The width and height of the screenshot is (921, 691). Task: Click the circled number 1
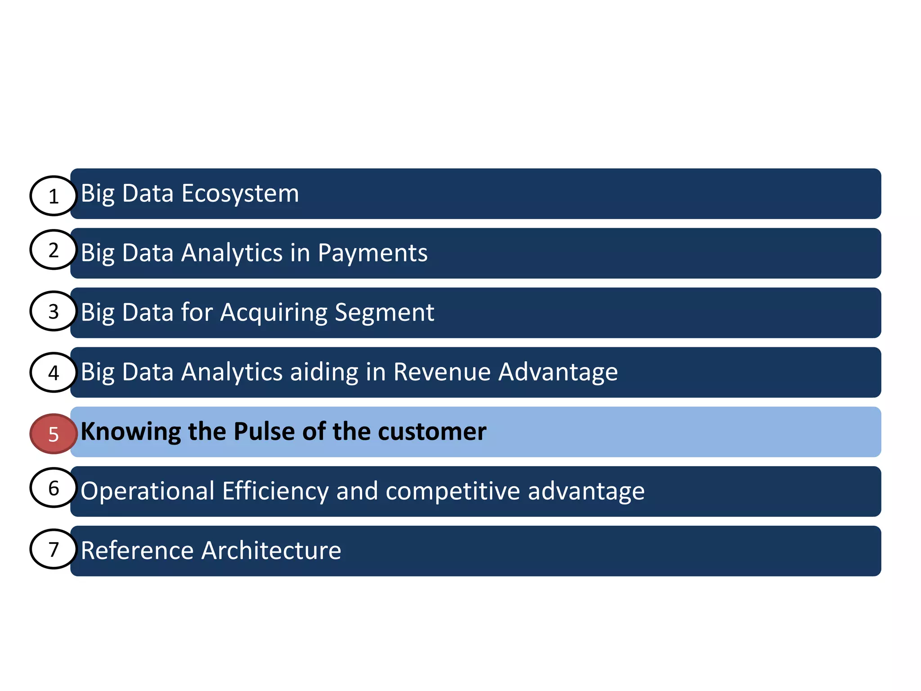click(x=54, y=196)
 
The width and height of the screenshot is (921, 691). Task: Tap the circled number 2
click(x=54, y=250)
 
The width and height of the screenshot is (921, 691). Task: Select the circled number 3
click(x=54, y=311)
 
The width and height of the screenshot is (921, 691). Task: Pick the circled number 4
click(x=54, y=372)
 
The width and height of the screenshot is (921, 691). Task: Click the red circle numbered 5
click(x=54, y=434)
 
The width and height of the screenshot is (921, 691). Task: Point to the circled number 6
click(x=54, y=488)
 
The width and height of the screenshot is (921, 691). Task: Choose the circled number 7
click(x=54, y=549)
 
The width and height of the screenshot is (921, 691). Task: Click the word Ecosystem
click(x=240, y=194)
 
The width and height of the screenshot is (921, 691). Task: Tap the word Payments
click(x=372, y=253)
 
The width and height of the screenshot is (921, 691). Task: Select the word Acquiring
click(x=274, y=313)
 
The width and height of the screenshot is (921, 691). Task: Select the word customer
click(x=432, y=431)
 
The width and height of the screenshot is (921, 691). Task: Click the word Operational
click(x=148, y=491)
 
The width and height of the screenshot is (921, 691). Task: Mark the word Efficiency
click(x=275, y=491)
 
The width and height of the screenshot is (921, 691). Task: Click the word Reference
click(x=137, y=550)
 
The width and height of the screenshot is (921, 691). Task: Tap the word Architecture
click(x=271, y=550)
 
